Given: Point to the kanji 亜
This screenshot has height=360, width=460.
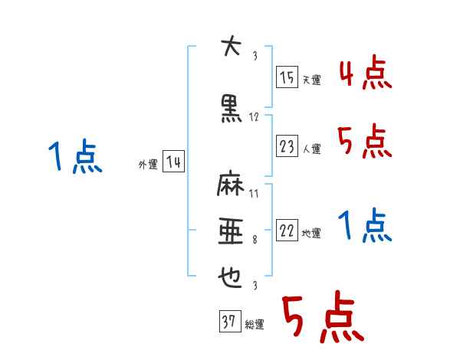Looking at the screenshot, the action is click(230, 231).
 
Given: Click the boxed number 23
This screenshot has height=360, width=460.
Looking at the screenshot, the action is click(287, 146).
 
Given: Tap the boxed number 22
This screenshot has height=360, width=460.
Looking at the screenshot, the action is click(287, 231).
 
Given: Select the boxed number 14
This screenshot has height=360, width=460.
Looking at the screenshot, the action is click(172, 162).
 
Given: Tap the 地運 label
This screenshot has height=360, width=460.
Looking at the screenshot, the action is click(311, 234).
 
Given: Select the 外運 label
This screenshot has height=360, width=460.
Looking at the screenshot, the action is click(147, 165).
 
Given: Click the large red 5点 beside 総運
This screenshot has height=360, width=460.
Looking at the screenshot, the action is click(321, 319).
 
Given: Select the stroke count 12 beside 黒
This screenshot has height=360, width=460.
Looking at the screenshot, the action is click(254, 117).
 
